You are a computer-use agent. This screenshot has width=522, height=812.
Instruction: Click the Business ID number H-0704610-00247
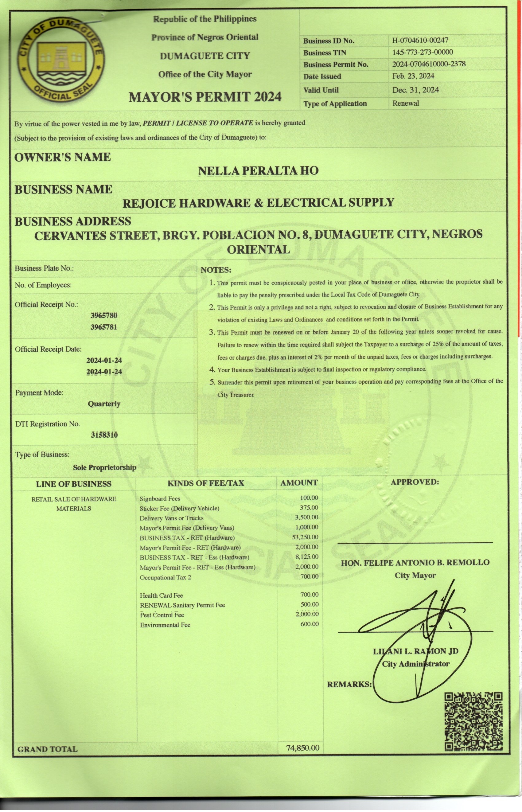(x=420, y=40)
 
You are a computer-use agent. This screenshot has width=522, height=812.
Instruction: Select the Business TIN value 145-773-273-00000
(x=422, y=52)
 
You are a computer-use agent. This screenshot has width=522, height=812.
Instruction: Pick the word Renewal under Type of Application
(x=405, y=103)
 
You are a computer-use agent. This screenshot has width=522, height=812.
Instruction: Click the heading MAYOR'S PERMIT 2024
(x=205, y=97)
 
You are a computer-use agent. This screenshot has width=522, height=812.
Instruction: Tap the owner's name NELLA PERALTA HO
(x=258, y=170)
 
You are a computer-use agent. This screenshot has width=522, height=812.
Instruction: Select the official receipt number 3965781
(x=104, y=327)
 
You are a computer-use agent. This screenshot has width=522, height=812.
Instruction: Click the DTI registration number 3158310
(x=104, y=435)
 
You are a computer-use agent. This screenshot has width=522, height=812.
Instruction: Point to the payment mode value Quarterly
(x=104, y=404)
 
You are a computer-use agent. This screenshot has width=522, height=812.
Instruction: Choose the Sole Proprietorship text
(x=104, y=467)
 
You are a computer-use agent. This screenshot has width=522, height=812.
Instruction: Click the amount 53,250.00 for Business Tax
(x=305, y=537)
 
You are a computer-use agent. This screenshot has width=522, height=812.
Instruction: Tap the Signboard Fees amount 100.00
(x=309, y=498)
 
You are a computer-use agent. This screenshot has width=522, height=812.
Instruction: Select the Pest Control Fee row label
(x=162, y=615)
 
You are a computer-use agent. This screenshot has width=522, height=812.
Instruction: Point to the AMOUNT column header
(x=299, y=483)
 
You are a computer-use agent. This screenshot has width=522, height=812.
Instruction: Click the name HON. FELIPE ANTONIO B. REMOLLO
(x=415, y=562)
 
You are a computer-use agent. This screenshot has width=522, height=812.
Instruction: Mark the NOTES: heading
(x=216, y=270)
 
